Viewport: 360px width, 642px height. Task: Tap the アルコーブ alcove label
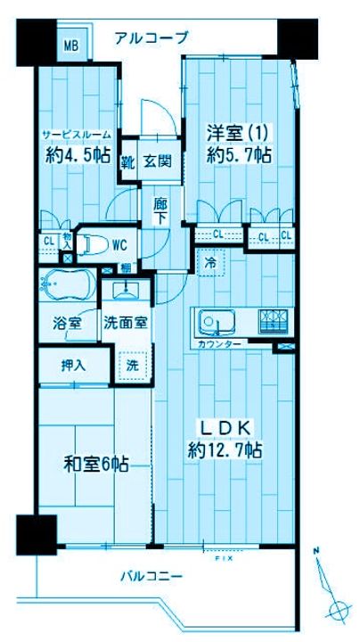[151, 37]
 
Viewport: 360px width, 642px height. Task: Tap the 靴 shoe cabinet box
[129, 161]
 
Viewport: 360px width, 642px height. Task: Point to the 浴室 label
[69, 323]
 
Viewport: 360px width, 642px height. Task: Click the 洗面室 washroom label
[125, 323]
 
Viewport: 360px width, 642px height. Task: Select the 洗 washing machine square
[130, 364]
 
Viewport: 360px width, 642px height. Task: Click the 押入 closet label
[72, 364]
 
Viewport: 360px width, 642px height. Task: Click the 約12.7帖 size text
[225, 450]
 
